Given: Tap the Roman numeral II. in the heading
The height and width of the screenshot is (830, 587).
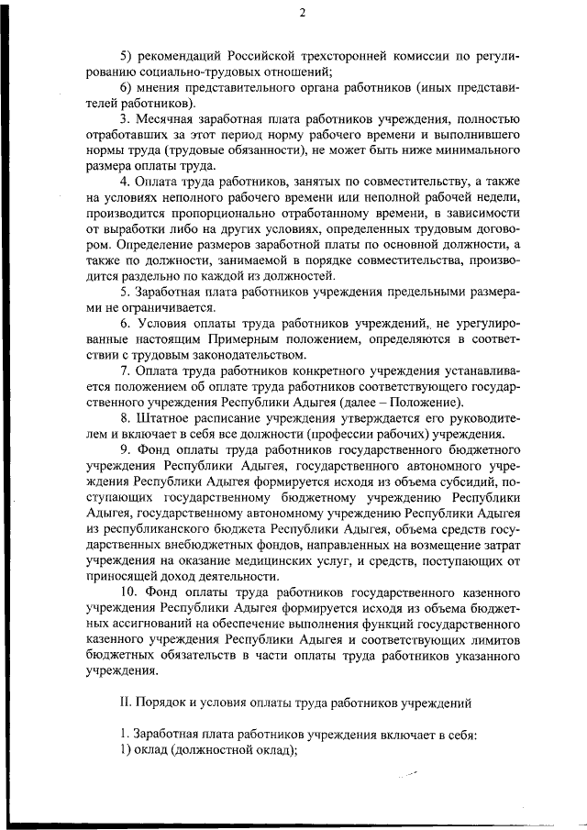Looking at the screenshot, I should (x=127, y=703).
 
